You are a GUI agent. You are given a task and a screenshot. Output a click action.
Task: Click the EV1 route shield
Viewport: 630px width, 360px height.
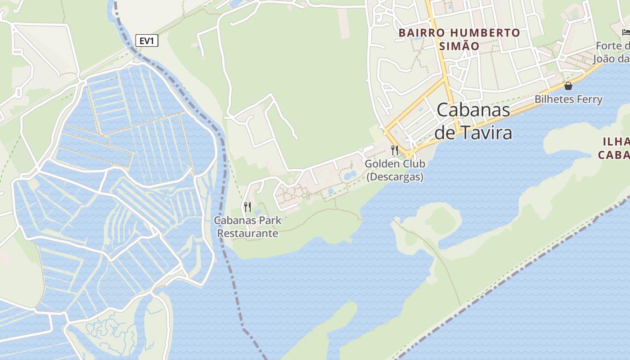click(147, 41)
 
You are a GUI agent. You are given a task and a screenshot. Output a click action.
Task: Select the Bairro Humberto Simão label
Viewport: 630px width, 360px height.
click(459, 39)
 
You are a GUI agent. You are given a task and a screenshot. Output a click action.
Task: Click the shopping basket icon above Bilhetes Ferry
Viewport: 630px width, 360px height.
click(568, 86)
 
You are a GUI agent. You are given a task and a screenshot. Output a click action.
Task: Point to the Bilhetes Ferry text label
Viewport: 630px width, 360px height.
click(568, 99)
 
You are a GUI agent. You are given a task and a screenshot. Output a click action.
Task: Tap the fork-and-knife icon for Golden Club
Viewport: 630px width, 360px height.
click(395, 150)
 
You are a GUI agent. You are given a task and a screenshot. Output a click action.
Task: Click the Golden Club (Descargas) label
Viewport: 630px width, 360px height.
click(395, 170)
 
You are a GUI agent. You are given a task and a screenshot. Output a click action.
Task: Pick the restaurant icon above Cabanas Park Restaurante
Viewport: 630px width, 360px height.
click(247, 207)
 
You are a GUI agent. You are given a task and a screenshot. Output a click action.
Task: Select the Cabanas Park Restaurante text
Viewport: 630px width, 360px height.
click(247, 227)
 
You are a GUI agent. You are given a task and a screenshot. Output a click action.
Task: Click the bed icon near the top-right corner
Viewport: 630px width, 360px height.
click(625, 32)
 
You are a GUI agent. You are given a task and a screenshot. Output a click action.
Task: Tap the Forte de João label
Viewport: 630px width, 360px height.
click(612, 53)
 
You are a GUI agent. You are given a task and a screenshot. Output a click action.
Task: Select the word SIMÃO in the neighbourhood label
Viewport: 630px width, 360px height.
click(459, 46)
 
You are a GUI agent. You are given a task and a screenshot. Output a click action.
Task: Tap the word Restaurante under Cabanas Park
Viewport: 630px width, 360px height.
click(247, 234)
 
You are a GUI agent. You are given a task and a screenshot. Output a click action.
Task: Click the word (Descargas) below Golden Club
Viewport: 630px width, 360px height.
click(395, 177)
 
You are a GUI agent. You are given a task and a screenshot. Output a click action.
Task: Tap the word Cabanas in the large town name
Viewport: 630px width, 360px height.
click(473, 110)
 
